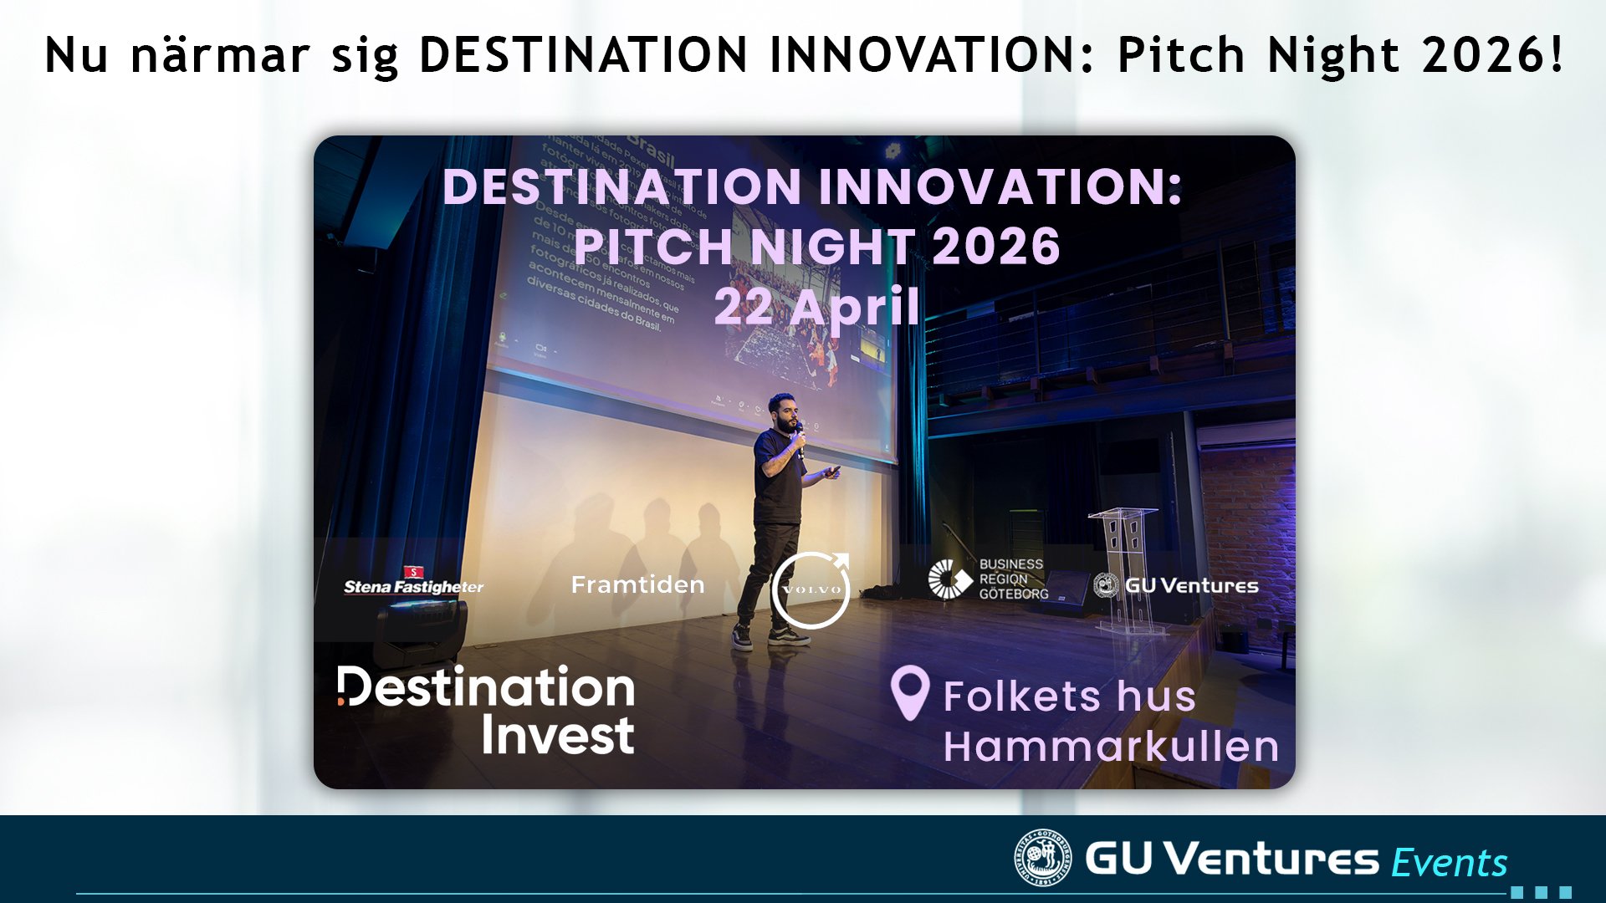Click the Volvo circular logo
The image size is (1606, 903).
point(811,589)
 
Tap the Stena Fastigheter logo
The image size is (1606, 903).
point(413,583)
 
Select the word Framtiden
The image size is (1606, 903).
point(637,584)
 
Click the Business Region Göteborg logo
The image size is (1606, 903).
point(988,579)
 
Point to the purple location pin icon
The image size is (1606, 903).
point(909,691)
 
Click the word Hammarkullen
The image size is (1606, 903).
point(1111,747)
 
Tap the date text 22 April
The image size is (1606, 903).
point(816,307)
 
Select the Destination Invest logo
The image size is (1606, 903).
point(487,710)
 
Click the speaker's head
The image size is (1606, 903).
point(781,411)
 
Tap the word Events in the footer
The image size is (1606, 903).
point(1449,863)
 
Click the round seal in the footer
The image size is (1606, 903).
point(1041,857)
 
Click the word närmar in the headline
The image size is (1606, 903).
point(220,55)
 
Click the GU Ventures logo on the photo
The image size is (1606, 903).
point(1175,585)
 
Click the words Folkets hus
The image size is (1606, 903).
point(1069,696)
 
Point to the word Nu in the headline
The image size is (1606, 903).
point(76,55)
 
